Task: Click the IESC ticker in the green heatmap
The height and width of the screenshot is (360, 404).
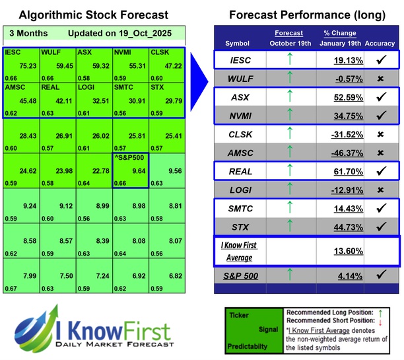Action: [12, 52]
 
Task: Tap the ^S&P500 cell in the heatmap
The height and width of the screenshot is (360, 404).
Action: [131, 171]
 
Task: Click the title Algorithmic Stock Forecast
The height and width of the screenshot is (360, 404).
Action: [93, 15]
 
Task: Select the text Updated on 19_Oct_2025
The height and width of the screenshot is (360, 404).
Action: [110, 33]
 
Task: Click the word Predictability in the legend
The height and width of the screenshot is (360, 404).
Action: [246, 345]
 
